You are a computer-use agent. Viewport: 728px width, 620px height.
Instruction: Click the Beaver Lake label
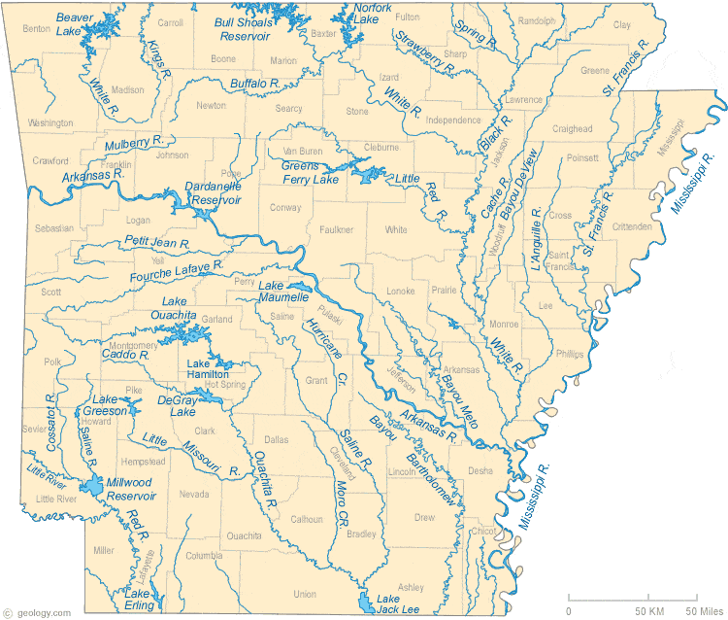[x=69, y=23]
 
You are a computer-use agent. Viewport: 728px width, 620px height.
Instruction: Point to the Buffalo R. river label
[x=255, y=85]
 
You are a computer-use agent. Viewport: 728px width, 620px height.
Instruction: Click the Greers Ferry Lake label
[x=311, y=172]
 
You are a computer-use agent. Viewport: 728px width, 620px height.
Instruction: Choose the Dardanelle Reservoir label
[x=213, y=192]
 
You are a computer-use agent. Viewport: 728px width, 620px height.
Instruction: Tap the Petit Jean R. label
[x=156, y=241]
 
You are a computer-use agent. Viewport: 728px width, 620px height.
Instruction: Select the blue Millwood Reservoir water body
[x=92, y=487]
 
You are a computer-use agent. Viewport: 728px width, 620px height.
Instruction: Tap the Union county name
[x=305, y=594]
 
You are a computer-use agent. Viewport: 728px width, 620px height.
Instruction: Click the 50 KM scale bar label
[x=648, y=609]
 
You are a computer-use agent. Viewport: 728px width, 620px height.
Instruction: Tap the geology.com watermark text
[x=37, y=612]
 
